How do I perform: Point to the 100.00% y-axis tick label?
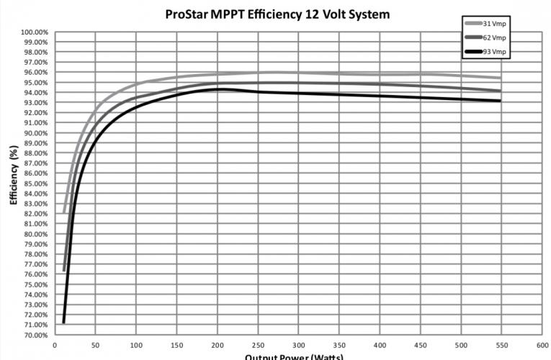(35, 32)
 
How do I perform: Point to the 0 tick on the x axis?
(55, 346)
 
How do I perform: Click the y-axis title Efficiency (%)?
(13, 175)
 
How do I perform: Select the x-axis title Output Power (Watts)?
(294, 356)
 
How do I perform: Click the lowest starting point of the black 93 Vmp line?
(63, 322)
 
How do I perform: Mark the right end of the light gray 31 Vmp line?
(500, 78)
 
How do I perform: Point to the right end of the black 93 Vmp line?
(500, 101)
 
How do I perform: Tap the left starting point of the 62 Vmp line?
(63, 271)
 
